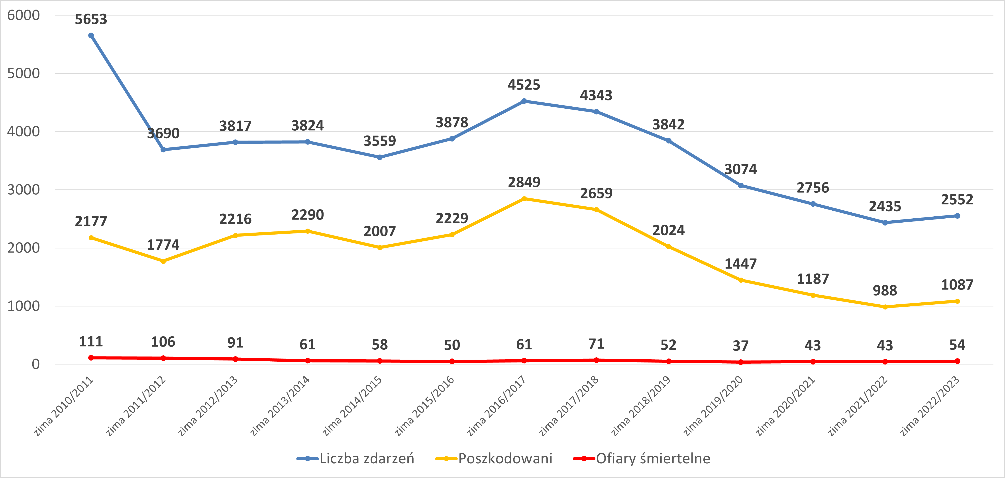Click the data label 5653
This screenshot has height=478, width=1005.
(x=91, y=19)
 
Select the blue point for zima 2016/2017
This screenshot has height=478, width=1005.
(x=524, y=101)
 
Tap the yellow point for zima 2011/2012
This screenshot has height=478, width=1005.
(x=163, y=261)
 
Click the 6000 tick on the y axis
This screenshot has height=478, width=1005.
(x=24, y=15)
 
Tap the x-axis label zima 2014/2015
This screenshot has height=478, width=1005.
(x=352, y=406)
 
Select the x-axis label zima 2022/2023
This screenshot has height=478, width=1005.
(x=930, y=406)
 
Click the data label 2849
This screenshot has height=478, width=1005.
(x=524, y=182)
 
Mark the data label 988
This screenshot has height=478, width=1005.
(x=885, y=291)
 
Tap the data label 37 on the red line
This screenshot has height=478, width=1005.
(x=740, y=346)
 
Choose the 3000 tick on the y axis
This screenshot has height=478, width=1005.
(x=24, y=190)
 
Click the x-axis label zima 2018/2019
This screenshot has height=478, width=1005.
(x=641, y=406)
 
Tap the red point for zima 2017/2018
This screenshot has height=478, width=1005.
(x=596, y=360)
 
